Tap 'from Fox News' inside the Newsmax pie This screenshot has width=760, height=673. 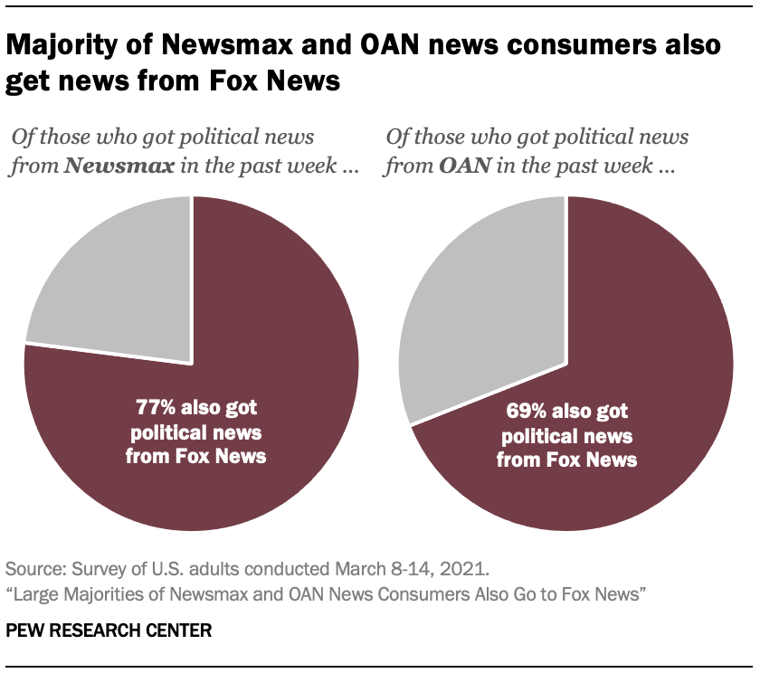[196, 456]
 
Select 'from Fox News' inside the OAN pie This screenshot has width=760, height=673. [567, 460]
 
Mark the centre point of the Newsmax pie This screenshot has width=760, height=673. [192, 364]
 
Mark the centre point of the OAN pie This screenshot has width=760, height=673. [566, 364]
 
